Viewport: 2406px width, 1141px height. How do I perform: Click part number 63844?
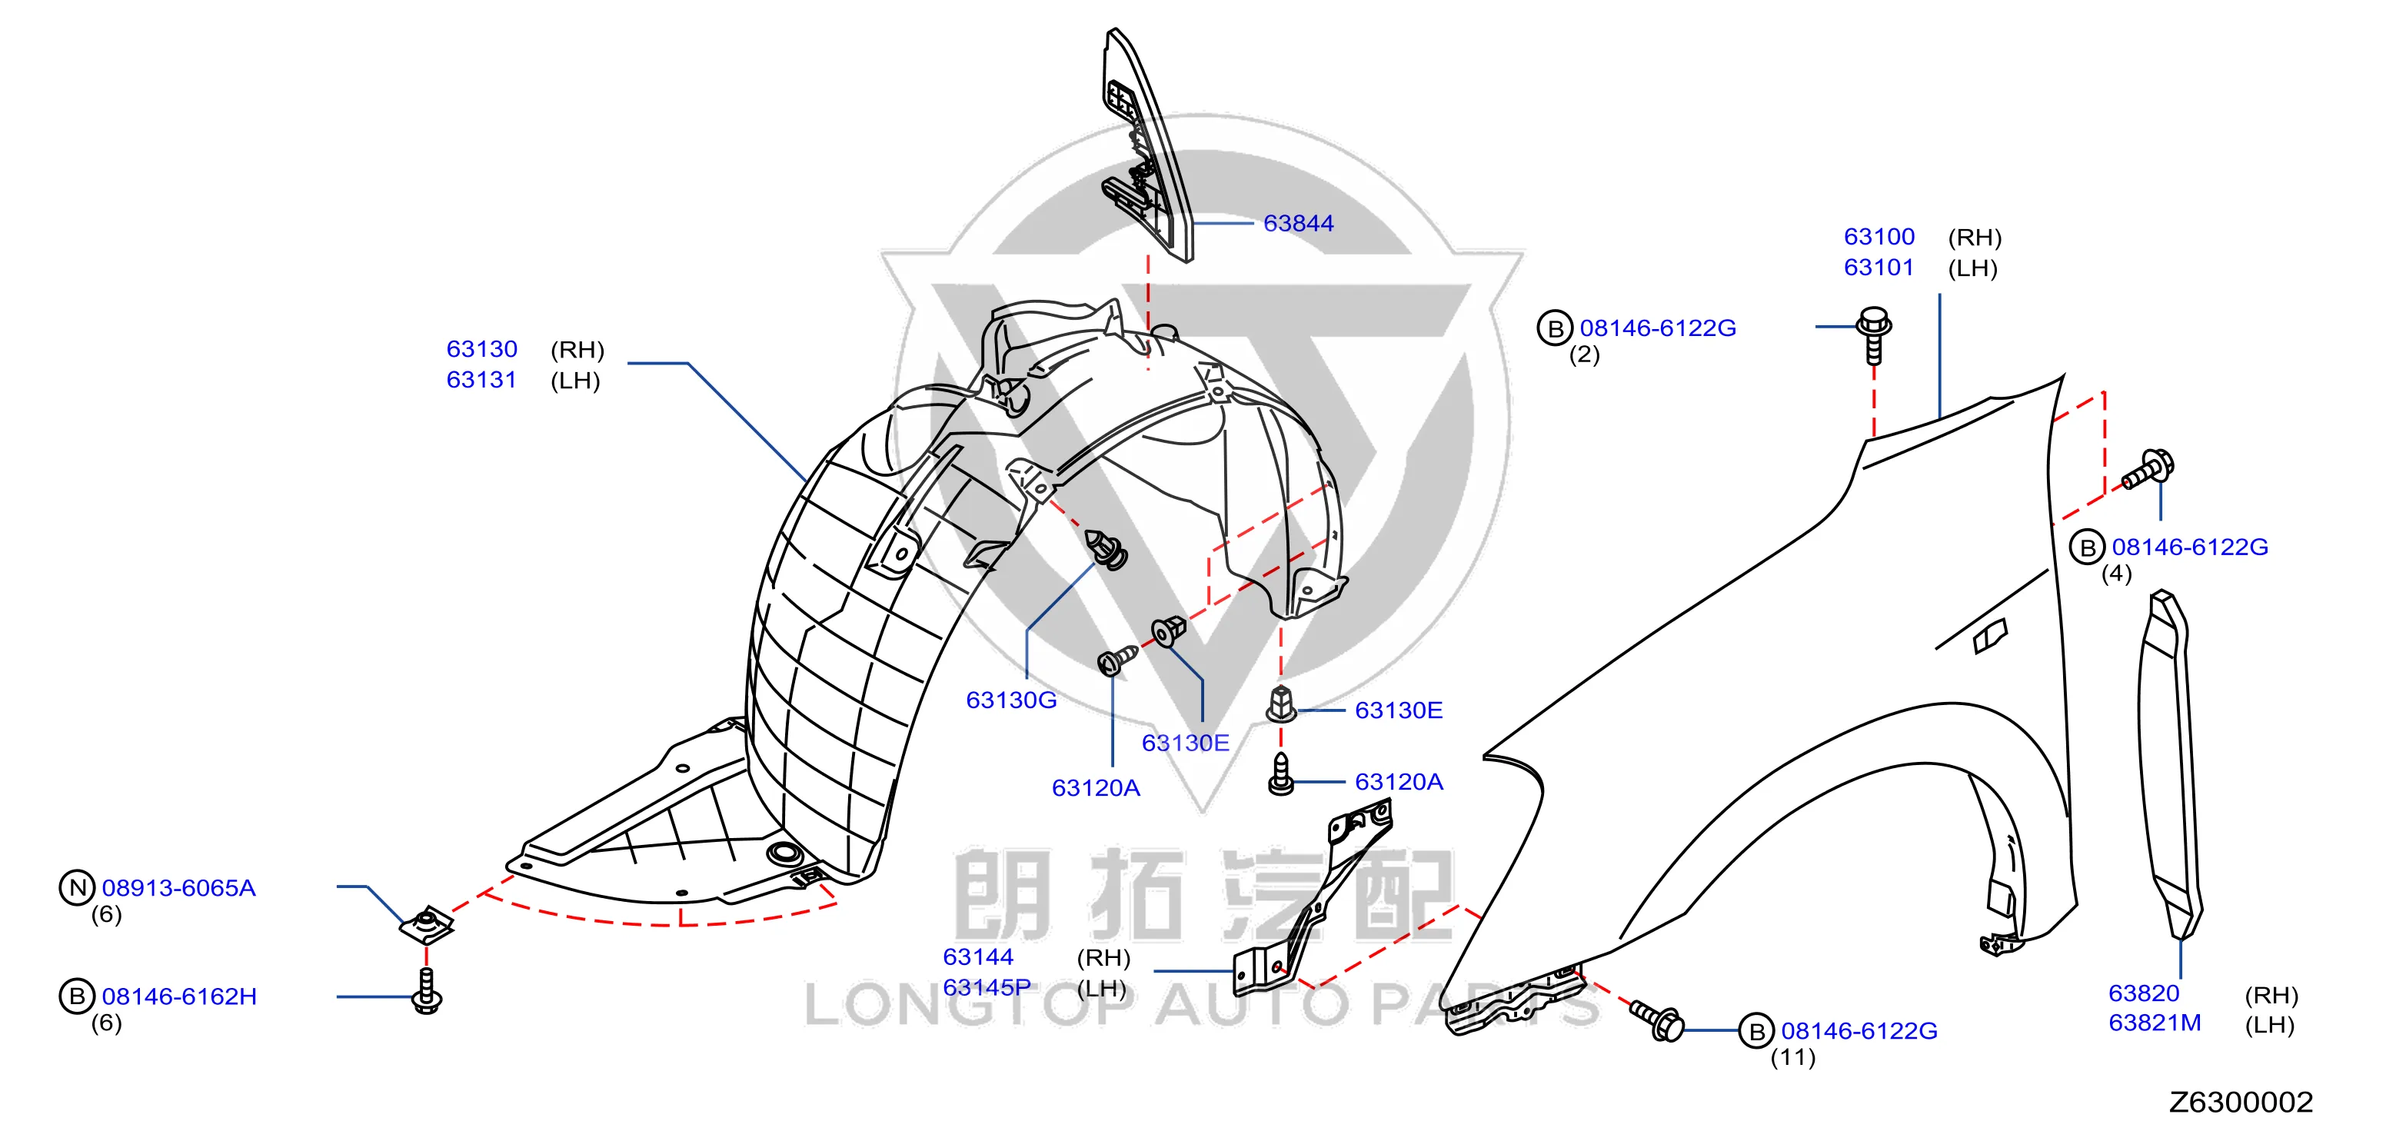1298,223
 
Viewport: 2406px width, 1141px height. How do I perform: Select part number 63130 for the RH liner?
482,349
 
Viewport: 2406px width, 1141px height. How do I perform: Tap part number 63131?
482,380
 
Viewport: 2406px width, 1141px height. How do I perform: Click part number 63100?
1879,237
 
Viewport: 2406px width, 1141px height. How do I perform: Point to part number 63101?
1879,268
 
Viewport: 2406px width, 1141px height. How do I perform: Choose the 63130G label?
1011,700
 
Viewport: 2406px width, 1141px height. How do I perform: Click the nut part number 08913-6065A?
178,888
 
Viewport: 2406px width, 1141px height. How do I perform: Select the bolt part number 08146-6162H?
179,996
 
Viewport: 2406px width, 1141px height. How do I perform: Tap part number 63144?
978,957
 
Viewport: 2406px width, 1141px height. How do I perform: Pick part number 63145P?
987,988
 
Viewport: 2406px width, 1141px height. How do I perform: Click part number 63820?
2145,993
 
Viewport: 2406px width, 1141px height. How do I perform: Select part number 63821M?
2155,1023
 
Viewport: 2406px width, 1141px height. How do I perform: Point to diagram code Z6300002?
2241,1103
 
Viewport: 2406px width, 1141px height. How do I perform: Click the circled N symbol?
78,888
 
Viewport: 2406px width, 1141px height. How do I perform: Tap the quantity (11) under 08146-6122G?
1793,1058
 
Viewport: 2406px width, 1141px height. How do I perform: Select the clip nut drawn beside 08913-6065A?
427,924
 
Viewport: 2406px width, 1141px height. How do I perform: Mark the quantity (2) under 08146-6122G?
1584,354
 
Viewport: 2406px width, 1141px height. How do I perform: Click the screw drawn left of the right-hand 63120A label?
1282,774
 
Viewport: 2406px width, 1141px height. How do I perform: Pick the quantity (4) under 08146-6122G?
2116,574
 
